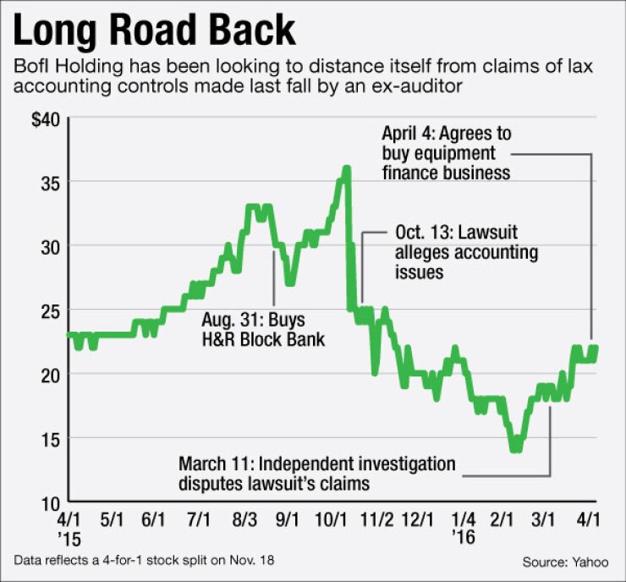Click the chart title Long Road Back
pos(154,31)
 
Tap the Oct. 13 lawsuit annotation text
pos(465,251)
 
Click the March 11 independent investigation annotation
pos(317,474)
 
